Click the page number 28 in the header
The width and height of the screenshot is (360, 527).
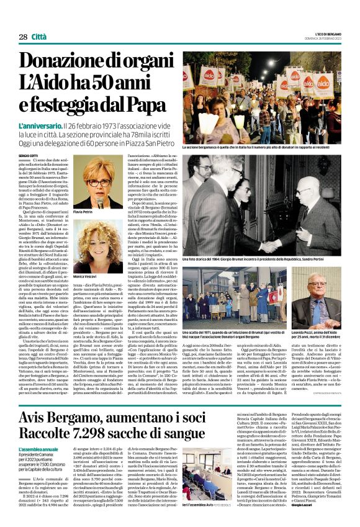click(23, 37)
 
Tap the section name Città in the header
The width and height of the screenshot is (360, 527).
click(40, 37)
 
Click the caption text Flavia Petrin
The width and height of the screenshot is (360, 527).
click(83, 212)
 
